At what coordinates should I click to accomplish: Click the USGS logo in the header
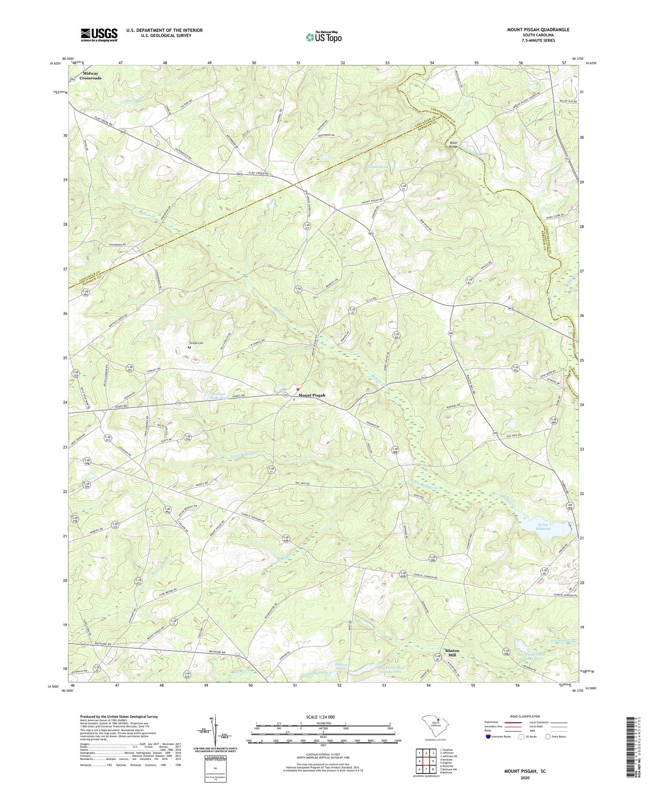(99, 34)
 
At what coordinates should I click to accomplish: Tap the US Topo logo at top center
(323, 37)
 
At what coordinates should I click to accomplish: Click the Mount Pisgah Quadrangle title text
(538, 30)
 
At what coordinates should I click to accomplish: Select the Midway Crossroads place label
(91, 76)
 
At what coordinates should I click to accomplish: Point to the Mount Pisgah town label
(311, 395)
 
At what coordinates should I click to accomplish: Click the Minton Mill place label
(452, 653)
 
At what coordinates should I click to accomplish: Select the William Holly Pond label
(215, 395)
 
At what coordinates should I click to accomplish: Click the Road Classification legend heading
(525, 716)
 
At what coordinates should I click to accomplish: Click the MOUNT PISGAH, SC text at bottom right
(524, 771)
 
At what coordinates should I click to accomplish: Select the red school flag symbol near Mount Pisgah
(297, 389)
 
